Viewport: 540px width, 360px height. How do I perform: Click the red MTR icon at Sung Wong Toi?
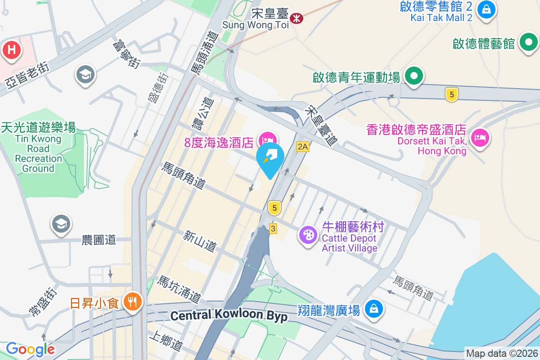tap(297, 18)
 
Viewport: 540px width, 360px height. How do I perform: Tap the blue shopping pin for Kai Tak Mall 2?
tap(486, 9)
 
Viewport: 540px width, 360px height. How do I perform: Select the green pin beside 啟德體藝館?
tap(528, 43)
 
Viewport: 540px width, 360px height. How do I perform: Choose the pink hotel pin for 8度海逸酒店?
tap(268, 138)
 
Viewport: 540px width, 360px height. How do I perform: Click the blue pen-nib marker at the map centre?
tap(270, 158)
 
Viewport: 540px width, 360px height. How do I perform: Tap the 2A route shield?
tap(303, 147)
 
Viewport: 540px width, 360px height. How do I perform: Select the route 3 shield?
tap(273, 229)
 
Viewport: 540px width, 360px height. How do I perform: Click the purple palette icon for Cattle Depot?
tap(308, 235)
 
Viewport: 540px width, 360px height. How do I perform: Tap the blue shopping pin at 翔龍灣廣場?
tap(373, 309)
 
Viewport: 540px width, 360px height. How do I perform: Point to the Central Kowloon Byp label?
tap(229, 315)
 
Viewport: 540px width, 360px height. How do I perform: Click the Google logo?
tap(30, 349)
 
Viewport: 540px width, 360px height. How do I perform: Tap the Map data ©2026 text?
tap(501, 354)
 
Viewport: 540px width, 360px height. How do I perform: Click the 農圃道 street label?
tap(99, 240)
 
